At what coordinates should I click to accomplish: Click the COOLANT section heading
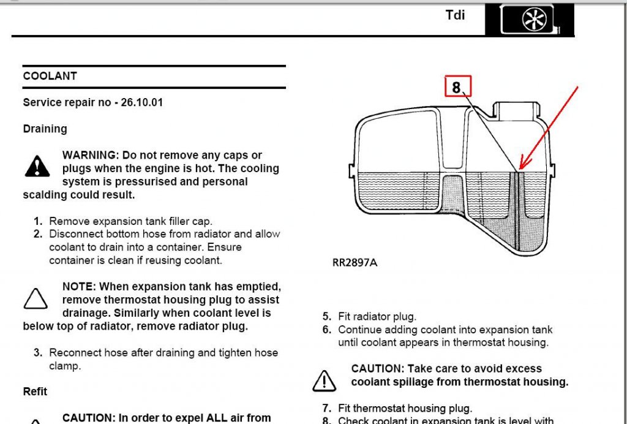point(50,76)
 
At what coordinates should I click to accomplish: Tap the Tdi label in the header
point(455,15)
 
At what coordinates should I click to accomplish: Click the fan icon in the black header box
point(534,19)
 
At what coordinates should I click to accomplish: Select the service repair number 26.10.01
point(142,102)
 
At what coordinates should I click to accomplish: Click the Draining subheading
point(45,129)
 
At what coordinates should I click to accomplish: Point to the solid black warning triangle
point(37,167)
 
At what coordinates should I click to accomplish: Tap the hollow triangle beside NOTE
point(36,299)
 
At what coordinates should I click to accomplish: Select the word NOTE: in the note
point(79,287)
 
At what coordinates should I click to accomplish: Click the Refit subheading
point(35,392)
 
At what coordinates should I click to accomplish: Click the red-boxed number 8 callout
point(458,86)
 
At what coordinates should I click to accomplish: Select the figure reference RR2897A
point(355,263)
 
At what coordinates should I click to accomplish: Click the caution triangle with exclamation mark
point(324,380)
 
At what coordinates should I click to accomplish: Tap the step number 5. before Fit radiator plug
point(327,316)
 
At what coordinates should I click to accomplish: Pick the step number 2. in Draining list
point(38,234)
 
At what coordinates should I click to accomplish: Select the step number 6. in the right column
point(327,330)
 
